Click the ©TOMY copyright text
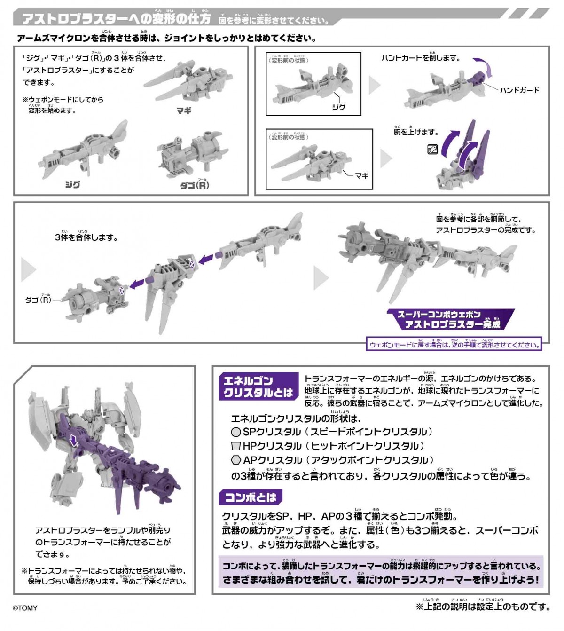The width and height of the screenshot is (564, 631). pyautogui.click(x=25, y=608)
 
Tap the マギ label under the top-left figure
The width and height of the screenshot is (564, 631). pyautogui.click(x=184, y=111)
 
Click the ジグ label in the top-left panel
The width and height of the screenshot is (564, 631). pyautogui.click(x=72, y=185)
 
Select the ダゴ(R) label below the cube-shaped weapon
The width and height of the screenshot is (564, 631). pyautogui.click(x=195, y=185)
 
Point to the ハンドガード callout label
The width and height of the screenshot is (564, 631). pyautogui.click(x=519, y=90)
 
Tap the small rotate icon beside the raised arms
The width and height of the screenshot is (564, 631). pyautogui.click(x=432, y=150)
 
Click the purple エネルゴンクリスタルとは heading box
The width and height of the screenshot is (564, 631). pyautogui.click(x=258, y=386)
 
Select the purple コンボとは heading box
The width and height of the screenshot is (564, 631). pyautogui.click(x=251, y=497)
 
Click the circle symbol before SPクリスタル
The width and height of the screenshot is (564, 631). pyautogui.click(x=236, y=432)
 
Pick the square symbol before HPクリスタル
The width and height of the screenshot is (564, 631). pyautogui.click(x=236, y=446)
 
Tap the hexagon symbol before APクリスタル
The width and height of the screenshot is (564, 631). pyautogui.click(x=236, y=460)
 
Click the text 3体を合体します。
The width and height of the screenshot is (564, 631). pyautogui.click(x=86, y=237)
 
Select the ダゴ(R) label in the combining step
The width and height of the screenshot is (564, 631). pyautogui.click(x=38, y=300)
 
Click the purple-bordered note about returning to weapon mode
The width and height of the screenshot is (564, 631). pyautogui.click(x=454, y=345)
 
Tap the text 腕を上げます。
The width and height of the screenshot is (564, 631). pyautogui.click(x=416, y=132)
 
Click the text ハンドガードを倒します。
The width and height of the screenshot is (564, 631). pyautogui.click(x=421, y=58)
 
